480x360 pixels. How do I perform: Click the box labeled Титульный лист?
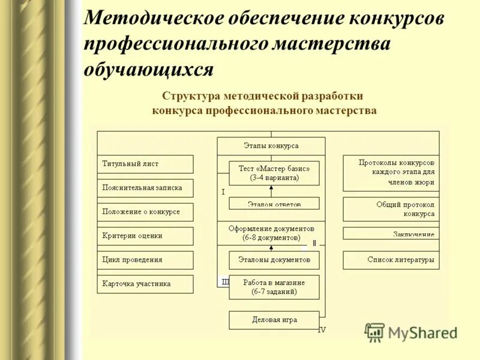(x=145, y=164)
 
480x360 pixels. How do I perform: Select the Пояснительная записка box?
(x=145, y=188)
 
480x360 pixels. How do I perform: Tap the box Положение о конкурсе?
(x=145, y=212)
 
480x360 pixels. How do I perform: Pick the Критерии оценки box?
(x=145, y=236)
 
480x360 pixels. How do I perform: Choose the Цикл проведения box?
(x=145, y=260)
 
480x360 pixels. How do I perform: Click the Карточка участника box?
(x=145, y=284)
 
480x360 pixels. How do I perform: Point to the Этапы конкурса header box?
(x=271, y=146)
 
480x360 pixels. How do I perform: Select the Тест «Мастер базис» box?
(x=274, y=173)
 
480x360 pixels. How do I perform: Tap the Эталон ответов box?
(x=274, y=203)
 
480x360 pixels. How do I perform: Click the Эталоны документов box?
(x=274, y=260)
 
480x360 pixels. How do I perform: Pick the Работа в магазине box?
(x=274, y=287)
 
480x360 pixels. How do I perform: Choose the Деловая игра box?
(x=274, y=320)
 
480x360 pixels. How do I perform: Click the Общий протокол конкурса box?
(x=391, y=209)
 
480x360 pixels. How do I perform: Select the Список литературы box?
(x=391, y=260)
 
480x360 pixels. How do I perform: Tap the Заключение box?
(x=391, y=233)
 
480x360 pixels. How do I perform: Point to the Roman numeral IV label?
(x=322, y=330)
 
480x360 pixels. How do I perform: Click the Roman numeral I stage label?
(x=223, y=192)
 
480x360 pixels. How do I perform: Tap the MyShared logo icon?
(x=375, y=332)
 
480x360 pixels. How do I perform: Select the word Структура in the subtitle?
(x=191, y=95)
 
